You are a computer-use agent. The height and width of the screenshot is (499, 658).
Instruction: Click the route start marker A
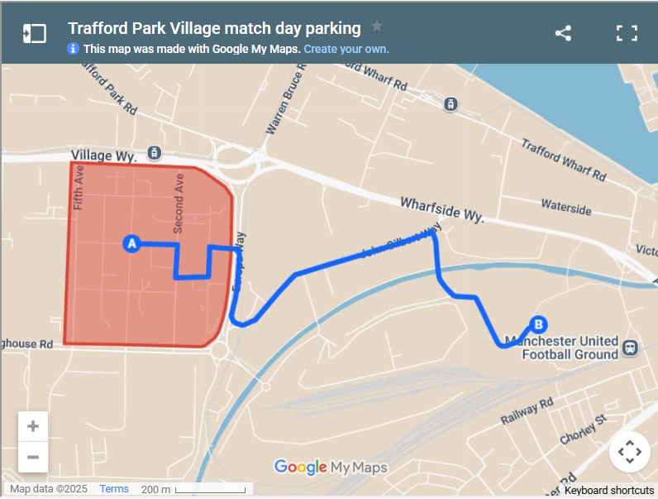(131, 243)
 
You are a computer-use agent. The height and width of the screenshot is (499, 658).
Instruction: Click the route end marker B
(538, 325)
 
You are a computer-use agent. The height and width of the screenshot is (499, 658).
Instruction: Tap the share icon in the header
(563, 33)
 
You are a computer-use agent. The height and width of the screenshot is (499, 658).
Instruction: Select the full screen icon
(627, 33)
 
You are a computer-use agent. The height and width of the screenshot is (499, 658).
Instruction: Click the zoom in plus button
(33, 427)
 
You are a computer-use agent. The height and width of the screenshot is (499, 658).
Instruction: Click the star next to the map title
(377, 26)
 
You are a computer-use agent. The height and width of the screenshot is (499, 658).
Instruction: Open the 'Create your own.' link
(346, 49)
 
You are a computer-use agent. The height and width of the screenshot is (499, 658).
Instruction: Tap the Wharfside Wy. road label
(441, 209)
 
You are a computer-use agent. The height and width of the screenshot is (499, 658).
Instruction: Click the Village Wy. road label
(102, 154)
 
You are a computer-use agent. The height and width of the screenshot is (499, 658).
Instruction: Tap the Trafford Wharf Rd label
(563, 160)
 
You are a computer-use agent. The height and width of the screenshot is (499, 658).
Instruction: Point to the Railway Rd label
(527, 411)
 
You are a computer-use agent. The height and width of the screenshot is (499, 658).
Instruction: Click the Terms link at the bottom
(114, 489)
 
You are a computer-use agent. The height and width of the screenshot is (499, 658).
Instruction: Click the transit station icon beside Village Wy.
(153, 152)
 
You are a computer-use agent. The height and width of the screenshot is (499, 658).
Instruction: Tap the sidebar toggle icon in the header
(34, 33)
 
